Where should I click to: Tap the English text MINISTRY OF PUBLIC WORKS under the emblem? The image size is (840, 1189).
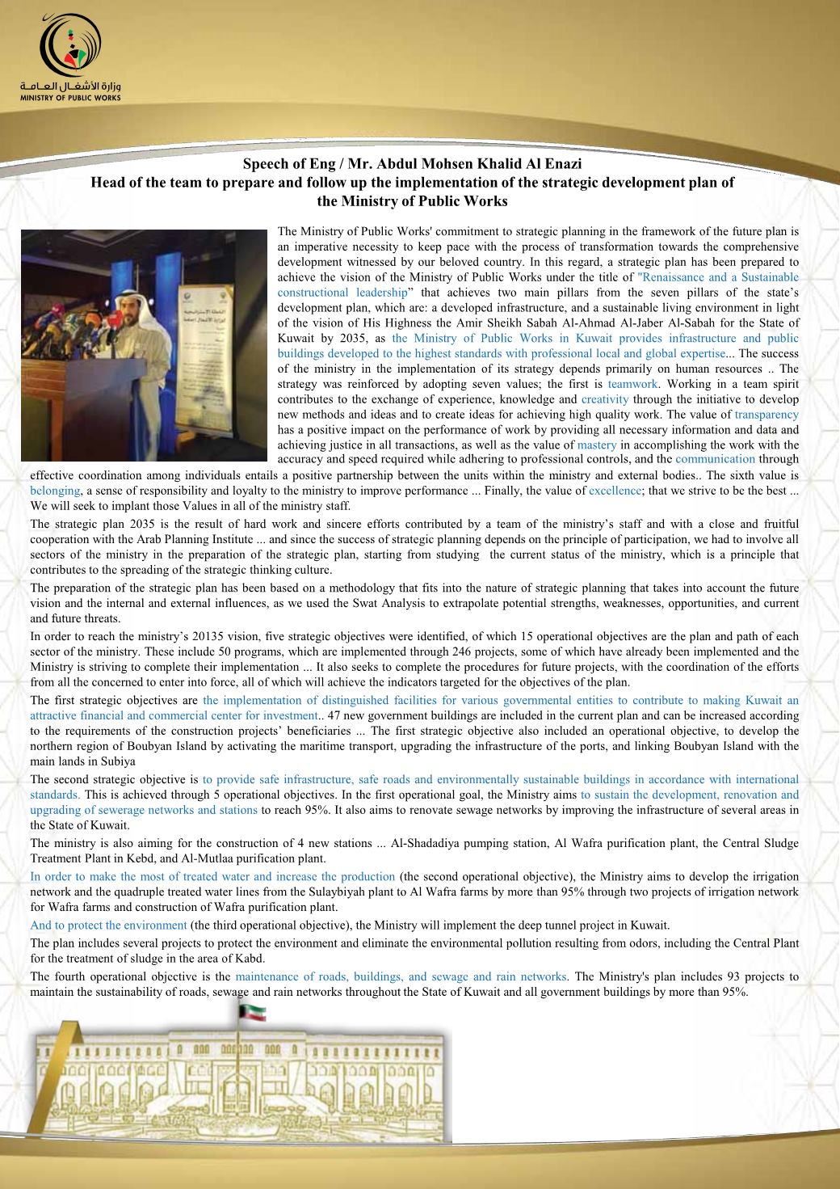tap(71, 98)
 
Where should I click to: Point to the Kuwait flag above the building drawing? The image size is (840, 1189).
tap(252, 1011)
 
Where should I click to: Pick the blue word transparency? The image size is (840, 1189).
tap(766, 415)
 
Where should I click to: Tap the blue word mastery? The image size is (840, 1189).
tap(597, 445)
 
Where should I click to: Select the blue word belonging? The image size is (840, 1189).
tap(55, 491)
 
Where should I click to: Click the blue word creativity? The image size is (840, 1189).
tap(605, 399)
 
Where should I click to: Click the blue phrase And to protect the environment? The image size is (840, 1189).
tap(108, 925)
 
